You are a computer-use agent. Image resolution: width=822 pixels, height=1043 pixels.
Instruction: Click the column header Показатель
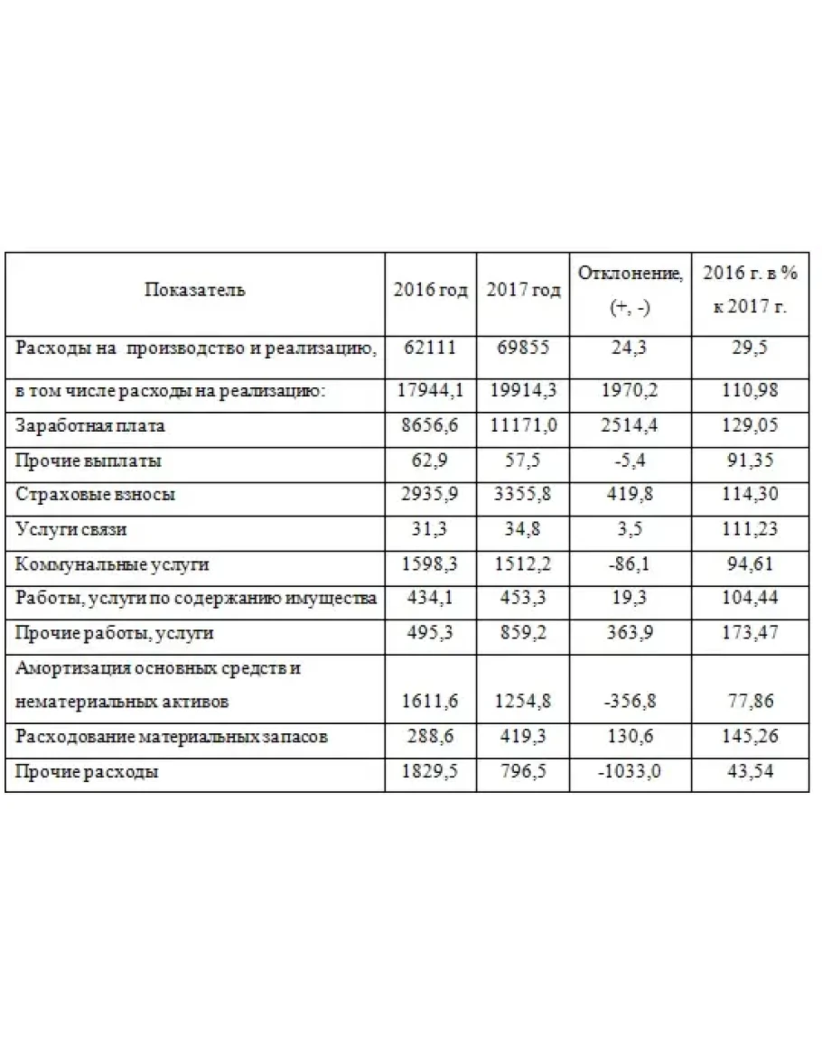(194, 291)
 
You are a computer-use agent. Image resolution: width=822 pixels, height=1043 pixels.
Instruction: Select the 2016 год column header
(430, 291)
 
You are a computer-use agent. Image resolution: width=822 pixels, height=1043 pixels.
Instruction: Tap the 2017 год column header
(523, 291)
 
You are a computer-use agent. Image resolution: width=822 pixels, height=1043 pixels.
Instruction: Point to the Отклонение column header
(630, 274)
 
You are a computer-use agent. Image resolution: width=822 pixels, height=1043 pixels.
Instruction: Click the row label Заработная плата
(90, 425)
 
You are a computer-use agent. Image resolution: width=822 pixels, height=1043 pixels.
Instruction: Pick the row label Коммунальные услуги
(112, 564)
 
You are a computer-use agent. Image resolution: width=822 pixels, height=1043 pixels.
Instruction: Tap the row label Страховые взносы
(96, 495)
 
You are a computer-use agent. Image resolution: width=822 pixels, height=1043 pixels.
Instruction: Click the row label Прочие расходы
(88, 773)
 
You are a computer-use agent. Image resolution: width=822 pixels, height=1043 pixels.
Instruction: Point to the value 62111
(430, 348)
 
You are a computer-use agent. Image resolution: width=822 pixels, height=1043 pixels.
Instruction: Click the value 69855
(523, 348)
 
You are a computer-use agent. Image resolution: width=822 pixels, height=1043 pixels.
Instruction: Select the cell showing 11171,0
(523, 425)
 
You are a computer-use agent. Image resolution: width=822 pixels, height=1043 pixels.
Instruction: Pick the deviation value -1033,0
(630, 773)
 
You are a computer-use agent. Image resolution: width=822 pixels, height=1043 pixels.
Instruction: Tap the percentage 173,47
(752, 633)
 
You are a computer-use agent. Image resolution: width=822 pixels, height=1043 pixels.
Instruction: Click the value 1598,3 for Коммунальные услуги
(430, 564)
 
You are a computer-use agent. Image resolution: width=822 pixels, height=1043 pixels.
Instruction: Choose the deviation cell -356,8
(630, 702)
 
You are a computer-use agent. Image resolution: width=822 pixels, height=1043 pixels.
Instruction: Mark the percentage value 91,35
(752, 461)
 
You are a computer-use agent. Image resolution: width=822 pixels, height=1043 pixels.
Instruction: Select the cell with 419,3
(523, 737)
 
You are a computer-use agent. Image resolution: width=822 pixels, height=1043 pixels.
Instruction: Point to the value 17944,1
(430, 391)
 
